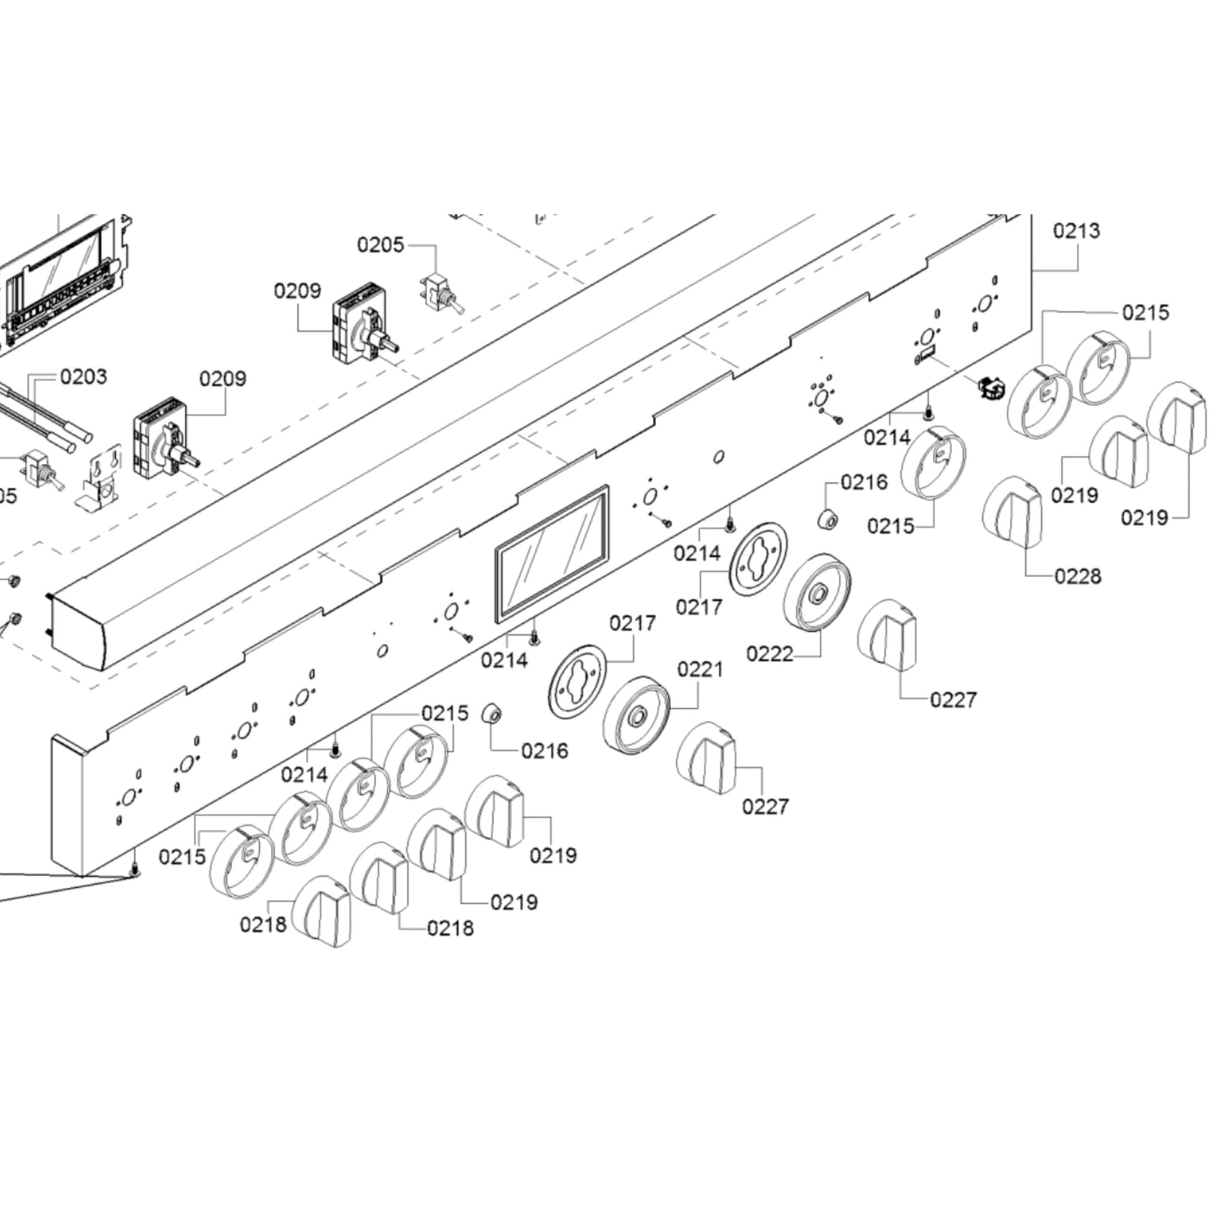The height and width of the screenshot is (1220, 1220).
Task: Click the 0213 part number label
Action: pyautogui.click(x=1076, y=231)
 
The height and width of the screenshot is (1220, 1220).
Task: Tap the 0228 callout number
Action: pyautogui.click(x=1077, y=576)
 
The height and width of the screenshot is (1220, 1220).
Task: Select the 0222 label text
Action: pyautogui.click(x=769, y=653)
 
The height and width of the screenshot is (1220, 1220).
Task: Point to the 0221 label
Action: pyautogui.click(x=700, y=669)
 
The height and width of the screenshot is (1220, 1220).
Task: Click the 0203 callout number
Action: pyautogui.click(x=83, y=377)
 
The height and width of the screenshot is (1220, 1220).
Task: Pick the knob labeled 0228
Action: pyautogui.click(x=1012, y=513)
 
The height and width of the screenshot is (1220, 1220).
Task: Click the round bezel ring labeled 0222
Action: pyautogui.click(x=817, y=592)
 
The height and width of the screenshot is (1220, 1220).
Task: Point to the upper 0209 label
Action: pyautogui.click(x=297, y=291)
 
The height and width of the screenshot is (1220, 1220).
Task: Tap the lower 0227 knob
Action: pyautogui.click(x=706, y=758)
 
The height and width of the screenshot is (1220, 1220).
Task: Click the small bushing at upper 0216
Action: pyautogui.click(x=828, y=520)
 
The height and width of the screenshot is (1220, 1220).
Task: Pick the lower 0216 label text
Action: pyautogui.click(x=544, y=751)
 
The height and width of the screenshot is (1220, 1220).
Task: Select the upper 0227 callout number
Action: pyautogui.click(x=953, y=700)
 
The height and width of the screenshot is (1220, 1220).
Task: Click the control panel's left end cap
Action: pyautogui.click(x=68, y=805)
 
